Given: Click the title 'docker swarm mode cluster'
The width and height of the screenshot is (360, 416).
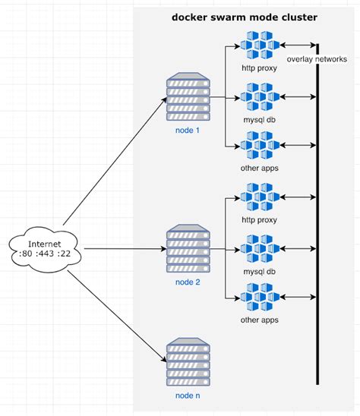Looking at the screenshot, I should tap(244, 17).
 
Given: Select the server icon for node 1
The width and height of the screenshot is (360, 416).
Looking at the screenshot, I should tap(188, 96).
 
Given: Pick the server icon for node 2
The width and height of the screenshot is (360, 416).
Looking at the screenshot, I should tap(188, 248).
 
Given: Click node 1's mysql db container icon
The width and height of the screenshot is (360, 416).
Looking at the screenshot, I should tap(259, 97).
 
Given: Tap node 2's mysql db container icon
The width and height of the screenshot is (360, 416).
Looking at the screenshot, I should tap(259, 248).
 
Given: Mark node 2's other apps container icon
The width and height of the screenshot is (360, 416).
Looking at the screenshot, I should tap(259, 298).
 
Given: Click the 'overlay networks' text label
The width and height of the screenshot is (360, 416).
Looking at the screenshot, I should tap(317, 59).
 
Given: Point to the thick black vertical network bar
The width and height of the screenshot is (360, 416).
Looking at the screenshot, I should tap(317, 228).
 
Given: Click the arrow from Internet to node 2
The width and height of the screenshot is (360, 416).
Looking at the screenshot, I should tap(122, 249).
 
